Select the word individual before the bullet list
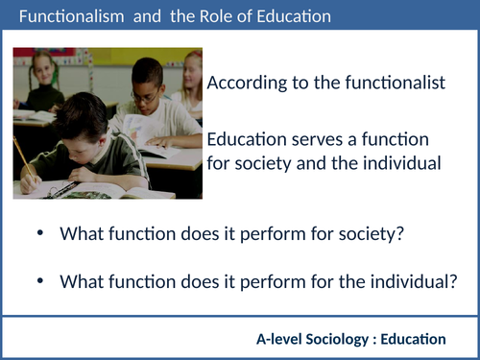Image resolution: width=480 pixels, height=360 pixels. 396,163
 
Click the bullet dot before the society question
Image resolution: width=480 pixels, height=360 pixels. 39,233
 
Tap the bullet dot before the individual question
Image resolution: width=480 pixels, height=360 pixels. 39,281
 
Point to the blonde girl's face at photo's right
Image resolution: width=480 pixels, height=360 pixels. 193,76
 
